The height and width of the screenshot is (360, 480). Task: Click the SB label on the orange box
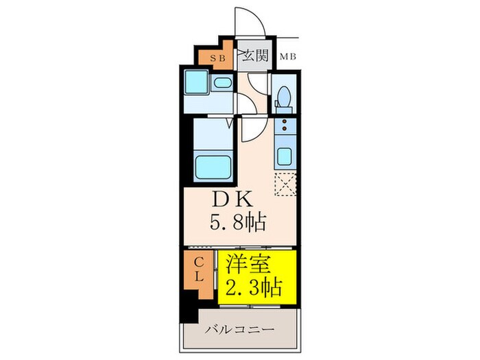[216, 58]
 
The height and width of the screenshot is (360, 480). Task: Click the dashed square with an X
[284, 185]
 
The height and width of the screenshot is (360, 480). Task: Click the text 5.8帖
[238, 222]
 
